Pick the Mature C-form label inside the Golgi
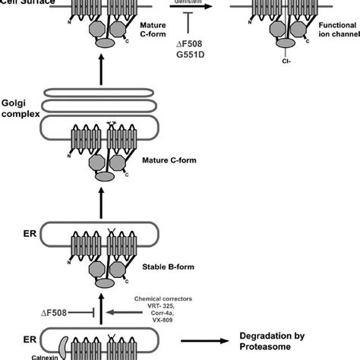164,160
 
